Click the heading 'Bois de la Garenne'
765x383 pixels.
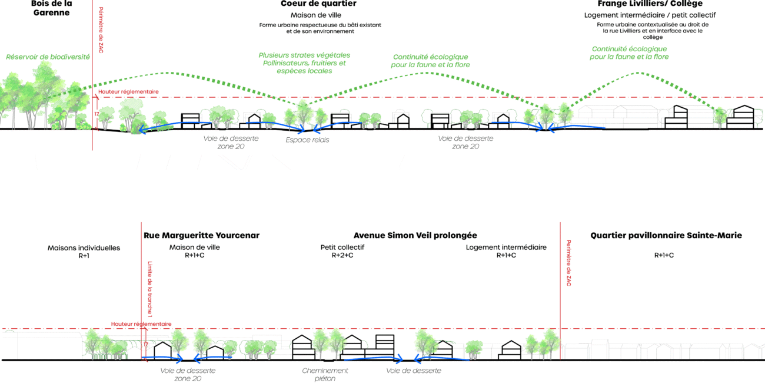tap(51, 8)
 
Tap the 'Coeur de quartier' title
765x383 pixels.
tap(318, 4)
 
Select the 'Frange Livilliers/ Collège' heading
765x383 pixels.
tap(650, 4)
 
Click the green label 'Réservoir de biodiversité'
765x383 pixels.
tap(48, 57)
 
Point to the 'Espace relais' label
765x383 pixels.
tap(307, 140)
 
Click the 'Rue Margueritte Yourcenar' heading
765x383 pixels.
tap(201, 235)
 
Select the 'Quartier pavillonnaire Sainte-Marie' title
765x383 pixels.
tap(666, 235)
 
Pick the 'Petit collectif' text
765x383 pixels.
tap(342, 247)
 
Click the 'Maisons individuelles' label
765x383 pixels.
tap(84, 248)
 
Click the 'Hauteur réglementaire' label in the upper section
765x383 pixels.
tap(129, 92)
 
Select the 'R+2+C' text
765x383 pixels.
tap(342, 256)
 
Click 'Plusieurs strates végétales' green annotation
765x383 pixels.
tap(304, 55)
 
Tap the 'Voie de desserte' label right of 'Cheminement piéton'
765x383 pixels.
tap(414, 371)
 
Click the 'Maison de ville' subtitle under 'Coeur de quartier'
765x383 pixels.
tap(316, 15)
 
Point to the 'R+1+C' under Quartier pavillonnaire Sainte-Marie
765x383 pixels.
tap(664, 255)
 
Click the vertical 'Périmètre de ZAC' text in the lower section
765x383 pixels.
tap(568, 263)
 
